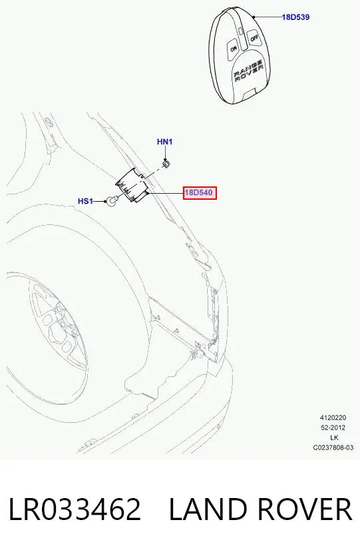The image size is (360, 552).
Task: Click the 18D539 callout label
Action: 295,17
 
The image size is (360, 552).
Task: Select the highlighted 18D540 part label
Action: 200,192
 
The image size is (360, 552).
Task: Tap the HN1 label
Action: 164,142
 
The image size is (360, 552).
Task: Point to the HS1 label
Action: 86,201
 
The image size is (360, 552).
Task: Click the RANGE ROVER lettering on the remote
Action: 249,72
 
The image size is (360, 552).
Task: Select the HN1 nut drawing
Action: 166,163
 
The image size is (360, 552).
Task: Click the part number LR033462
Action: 75,509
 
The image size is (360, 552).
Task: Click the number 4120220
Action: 333,417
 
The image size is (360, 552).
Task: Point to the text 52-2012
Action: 333,427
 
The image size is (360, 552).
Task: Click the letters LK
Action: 334,437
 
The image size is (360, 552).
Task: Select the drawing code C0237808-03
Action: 333,448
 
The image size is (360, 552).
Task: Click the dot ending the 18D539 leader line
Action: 254,17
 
